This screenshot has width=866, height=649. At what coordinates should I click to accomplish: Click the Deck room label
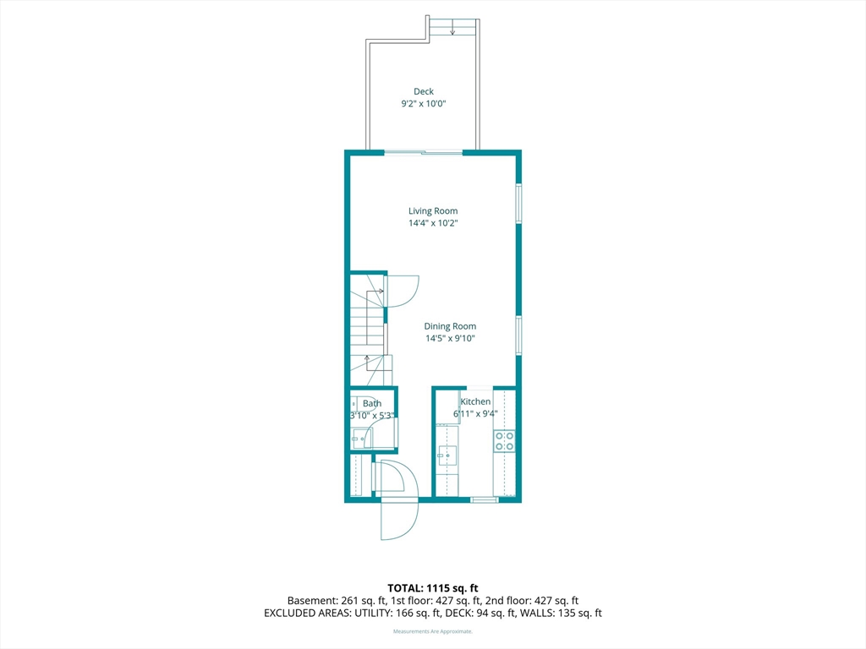(424, 91)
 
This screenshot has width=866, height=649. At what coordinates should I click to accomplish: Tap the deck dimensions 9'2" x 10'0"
(424, 104)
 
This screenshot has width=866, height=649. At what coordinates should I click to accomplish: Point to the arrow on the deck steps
(452, 28)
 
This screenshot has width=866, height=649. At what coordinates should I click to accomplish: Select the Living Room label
(433, 210)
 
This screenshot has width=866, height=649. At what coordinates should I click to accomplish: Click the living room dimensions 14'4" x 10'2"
(433, 223)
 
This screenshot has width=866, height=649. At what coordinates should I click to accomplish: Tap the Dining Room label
(450, 326)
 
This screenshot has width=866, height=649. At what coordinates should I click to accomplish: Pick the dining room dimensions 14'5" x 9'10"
(450, 338)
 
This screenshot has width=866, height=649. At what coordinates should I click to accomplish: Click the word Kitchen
(475, 401)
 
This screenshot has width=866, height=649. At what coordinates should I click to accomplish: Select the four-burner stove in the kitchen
(504, 441)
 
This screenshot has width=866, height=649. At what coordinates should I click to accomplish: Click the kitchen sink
(447, 455)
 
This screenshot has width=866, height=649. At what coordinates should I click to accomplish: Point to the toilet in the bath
(356, 405)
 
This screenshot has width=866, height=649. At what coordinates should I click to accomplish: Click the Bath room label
(372, 403)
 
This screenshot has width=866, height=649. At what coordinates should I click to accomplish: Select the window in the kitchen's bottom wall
(485, 500)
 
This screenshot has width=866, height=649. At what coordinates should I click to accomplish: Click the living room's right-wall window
(518, 203)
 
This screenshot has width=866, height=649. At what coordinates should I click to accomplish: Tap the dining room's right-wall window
(518, 335)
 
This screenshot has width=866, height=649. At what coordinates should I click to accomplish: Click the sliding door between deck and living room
(424, 152)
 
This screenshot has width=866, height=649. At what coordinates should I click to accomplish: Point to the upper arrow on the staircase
(377, 291)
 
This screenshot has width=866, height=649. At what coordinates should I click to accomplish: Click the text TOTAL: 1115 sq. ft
(433, 588)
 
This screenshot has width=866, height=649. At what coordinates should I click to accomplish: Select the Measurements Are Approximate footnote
(433, 631)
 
